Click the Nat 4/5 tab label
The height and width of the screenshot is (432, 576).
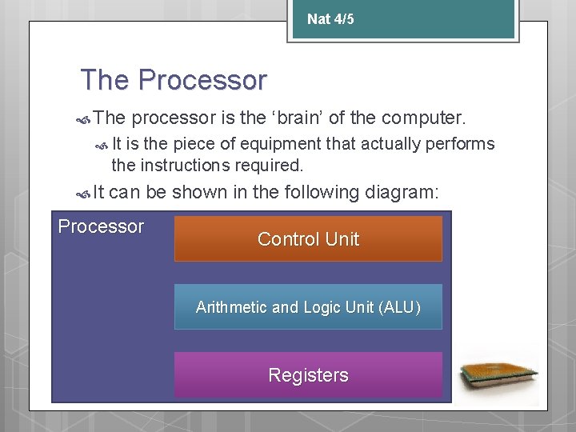(x=330, y=19)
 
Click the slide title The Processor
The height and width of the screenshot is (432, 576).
(x=174, y=80)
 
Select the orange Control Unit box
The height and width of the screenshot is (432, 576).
(x=308, y=238)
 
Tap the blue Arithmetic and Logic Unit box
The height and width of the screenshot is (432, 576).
(x=308, y=307)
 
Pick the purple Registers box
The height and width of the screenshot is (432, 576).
(x=308, y=375)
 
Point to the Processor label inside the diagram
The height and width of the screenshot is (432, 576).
(x=101, y=226)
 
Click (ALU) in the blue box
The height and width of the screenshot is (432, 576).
(x=399, y=307)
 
